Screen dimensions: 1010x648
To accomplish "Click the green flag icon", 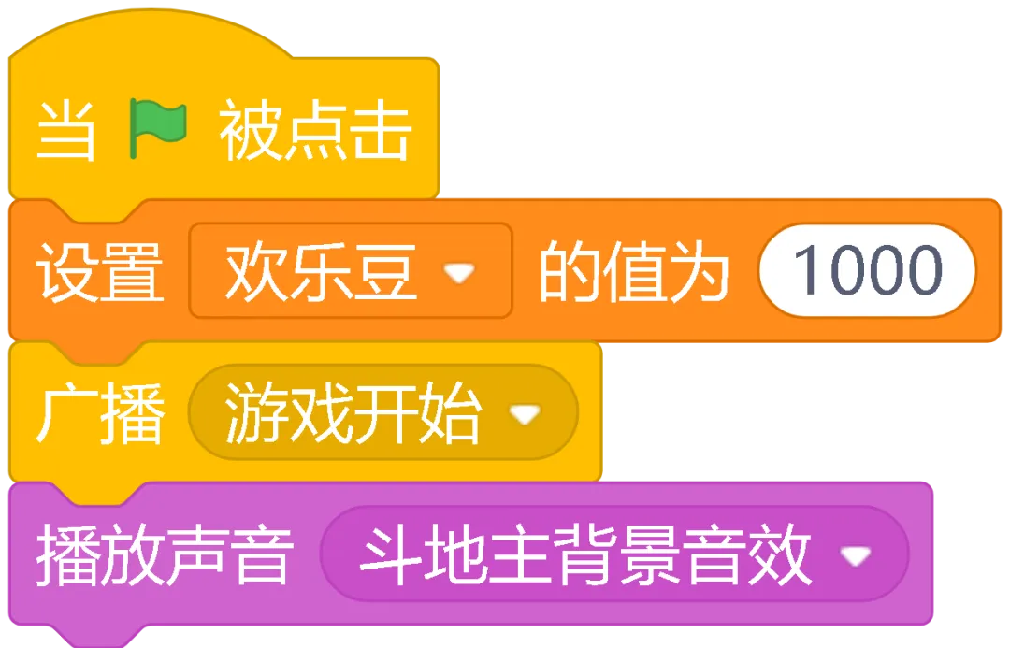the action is coord(158,129).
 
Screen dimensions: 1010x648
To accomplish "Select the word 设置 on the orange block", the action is coord(100,272).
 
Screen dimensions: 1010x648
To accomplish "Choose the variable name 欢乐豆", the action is coord(321,272).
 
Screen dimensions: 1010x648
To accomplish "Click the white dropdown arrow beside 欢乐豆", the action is coord(459,273).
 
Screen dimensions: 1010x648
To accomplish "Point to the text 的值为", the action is coord(633,272).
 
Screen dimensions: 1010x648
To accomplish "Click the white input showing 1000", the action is coord(867,270).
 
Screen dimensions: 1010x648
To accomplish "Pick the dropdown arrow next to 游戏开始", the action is coord(525,413).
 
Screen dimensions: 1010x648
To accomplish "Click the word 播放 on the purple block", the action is coord(100,555).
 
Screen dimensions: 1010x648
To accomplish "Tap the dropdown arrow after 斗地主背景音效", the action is coord(855,556).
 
